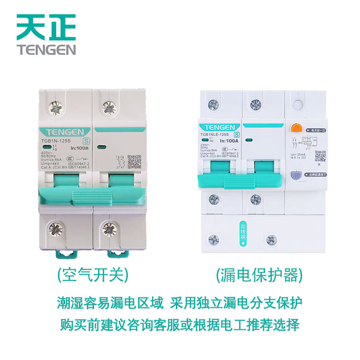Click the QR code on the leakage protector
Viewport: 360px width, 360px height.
[320, 156]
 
